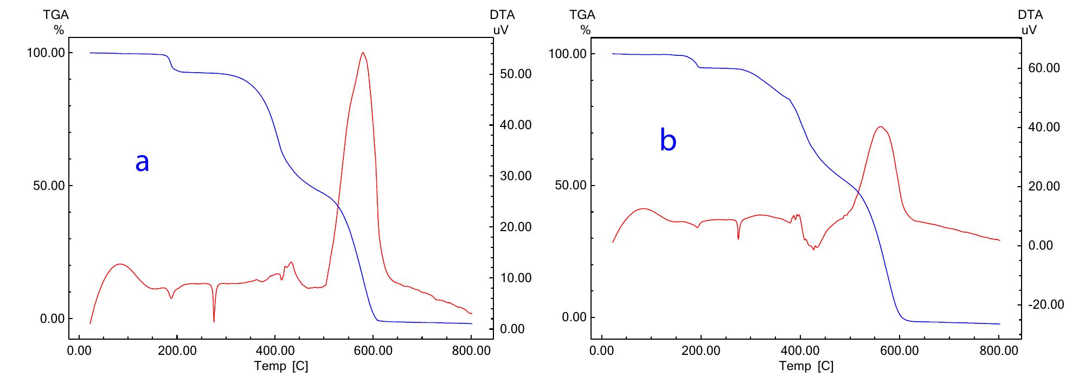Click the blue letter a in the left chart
[x=142, y=162]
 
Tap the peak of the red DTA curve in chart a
[x=363, y=53]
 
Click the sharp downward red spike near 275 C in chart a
[x=214, y=321]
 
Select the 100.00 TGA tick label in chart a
[x=46, y=53]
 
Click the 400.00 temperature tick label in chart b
[x=800, y=351]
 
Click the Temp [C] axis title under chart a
[x=281, y=366]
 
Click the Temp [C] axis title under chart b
[x=806, y=366]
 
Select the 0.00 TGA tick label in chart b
[x=573, y=317]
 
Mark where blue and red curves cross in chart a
[x=337, y=205]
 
